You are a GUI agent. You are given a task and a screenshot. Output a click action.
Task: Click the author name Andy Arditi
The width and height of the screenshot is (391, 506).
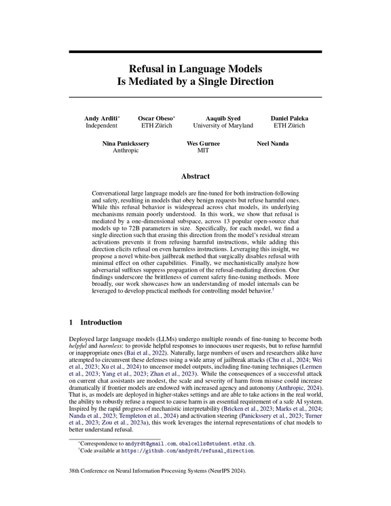click(100, 118)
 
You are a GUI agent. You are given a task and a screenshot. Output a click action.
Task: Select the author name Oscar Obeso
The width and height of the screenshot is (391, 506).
click(157, 118)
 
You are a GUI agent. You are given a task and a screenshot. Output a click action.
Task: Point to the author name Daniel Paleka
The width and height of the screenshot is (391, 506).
click(289, 118)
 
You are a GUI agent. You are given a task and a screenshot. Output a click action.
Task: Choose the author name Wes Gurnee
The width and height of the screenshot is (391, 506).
click(203, 145)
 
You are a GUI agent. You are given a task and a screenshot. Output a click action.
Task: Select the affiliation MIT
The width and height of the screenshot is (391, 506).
click(203, 152)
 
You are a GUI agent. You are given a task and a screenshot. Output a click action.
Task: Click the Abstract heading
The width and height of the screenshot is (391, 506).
click(195, 175)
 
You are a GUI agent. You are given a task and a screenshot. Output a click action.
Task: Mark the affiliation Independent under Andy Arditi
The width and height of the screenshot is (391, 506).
click(102, 126)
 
